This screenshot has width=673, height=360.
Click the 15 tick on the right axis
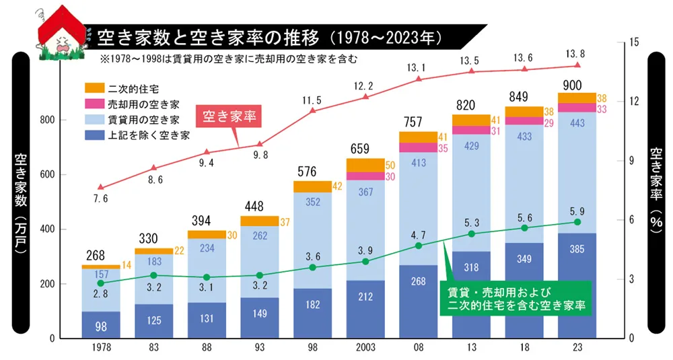tap(633, 42)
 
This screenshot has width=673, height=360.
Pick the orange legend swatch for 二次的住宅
tap(94, 88)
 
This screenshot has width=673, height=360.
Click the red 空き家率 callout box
tap(229, 115)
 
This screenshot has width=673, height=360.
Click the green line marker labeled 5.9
tap(577, 222)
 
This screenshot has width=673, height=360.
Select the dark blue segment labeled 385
tap(577, 286)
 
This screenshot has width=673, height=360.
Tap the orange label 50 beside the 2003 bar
tap(390, 165)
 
